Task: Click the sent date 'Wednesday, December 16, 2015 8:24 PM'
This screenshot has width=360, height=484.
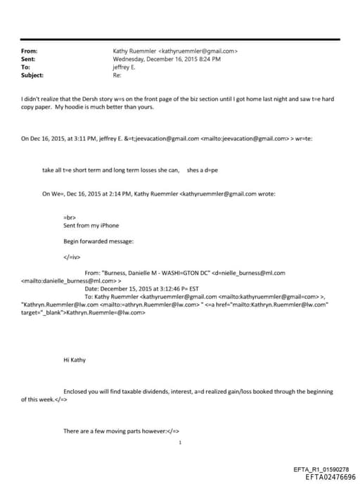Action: point(167,59)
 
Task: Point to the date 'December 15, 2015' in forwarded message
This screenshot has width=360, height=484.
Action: point(129,288)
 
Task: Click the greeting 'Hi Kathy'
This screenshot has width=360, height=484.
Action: point(75,359)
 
